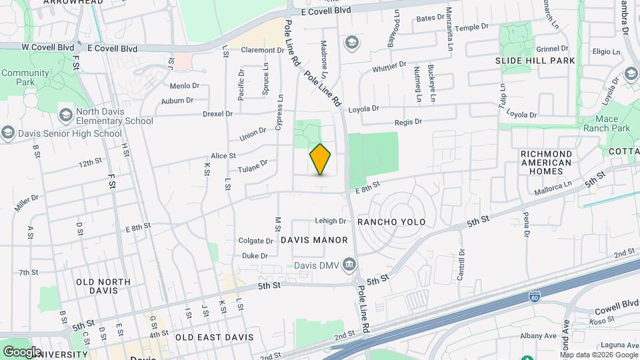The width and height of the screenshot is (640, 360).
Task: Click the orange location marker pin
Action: tap(321, 159)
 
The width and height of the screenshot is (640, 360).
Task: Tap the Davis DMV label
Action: tap(316, 265)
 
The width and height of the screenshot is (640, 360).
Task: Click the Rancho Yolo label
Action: tap(391, 222)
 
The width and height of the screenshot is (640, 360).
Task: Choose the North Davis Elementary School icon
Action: tap(65, 115)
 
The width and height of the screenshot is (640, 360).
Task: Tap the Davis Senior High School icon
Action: tap(7, 133)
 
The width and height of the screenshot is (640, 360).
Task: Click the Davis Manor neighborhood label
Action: tap(314, 240)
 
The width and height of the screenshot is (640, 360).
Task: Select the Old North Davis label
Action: tap(103, 287)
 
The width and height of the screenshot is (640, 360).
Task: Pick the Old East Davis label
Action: tap(215, 337)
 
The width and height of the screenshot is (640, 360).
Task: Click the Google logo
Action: tap(22, 351)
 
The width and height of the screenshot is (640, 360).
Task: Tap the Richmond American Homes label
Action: tap(546, 163)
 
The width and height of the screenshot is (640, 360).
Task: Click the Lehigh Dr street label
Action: tap(330, 221)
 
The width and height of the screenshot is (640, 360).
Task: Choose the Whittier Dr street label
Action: tap(389, 66)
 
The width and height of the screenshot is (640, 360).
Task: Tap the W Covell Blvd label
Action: tap(47, 47)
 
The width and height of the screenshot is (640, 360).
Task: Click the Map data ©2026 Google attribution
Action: tap(599, 355)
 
